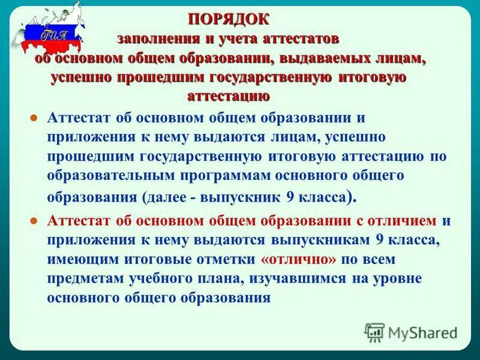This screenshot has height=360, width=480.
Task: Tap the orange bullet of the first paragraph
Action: coord(35,118)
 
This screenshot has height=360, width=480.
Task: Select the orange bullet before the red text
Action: coord(35,221)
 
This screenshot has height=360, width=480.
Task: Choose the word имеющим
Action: coord(78,260)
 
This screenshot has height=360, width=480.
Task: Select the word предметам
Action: coord(80,279)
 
